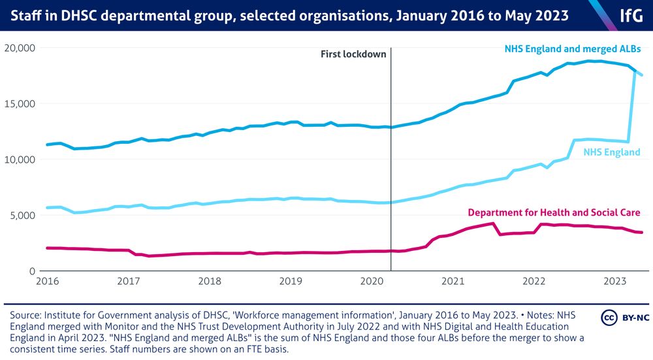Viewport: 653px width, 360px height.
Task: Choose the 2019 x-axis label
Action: pos(291,282)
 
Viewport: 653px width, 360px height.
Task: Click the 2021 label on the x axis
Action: pos(453,282)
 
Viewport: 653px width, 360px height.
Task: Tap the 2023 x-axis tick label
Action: pos(615,282)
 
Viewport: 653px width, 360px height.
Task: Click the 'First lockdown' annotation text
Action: pos(353,54)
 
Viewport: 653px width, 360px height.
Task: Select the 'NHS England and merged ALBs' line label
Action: pos(573,49)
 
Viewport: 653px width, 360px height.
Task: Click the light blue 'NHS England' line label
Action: pos(612,152)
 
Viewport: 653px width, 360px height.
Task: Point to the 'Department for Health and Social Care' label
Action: pos(554,212)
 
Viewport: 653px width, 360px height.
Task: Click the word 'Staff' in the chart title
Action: pos(24,15)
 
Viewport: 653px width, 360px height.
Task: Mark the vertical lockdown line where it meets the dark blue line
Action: pos(391,127)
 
